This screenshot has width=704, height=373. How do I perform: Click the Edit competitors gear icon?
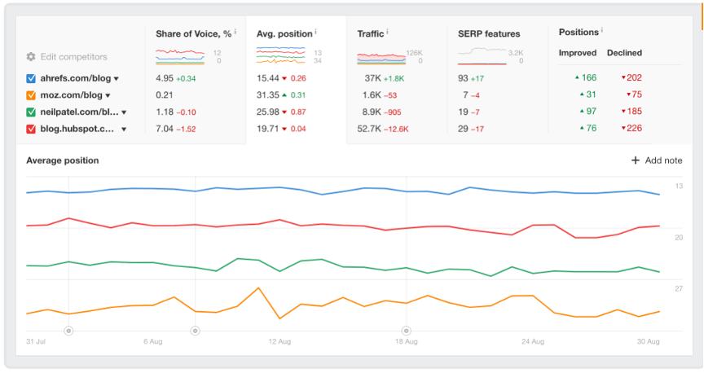coord(31,57)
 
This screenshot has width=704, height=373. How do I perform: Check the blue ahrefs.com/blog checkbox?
coord(31,78)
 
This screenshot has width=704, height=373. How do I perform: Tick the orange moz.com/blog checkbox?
coord(31,95)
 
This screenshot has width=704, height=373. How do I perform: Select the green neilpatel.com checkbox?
coord(31,112)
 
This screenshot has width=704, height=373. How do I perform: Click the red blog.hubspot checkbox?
coord(31,129)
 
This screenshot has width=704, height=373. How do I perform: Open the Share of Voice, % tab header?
coord(194,33)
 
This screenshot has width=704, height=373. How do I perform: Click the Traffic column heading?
coord(371,33)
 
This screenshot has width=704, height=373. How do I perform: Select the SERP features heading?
coord(489,33)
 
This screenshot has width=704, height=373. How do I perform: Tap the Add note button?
coord(657,160)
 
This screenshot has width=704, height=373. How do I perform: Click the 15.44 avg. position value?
coord(268,78)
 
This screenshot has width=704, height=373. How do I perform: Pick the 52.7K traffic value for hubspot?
coord(371,129)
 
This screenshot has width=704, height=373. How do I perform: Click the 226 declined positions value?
coord(634,129)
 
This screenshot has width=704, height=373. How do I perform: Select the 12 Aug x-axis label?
coord(279,342)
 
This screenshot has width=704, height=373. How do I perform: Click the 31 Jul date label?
coord(35,342)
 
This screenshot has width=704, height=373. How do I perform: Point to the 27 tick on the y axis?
coord(679,289)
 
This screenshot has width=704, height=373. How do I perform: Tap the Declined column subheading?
coord(624,53)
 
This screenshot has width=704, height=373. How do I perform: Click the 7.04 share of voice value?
coord(165,129)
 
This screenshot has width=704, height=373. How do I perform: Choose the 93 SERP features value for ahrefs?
coord(464,78)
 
